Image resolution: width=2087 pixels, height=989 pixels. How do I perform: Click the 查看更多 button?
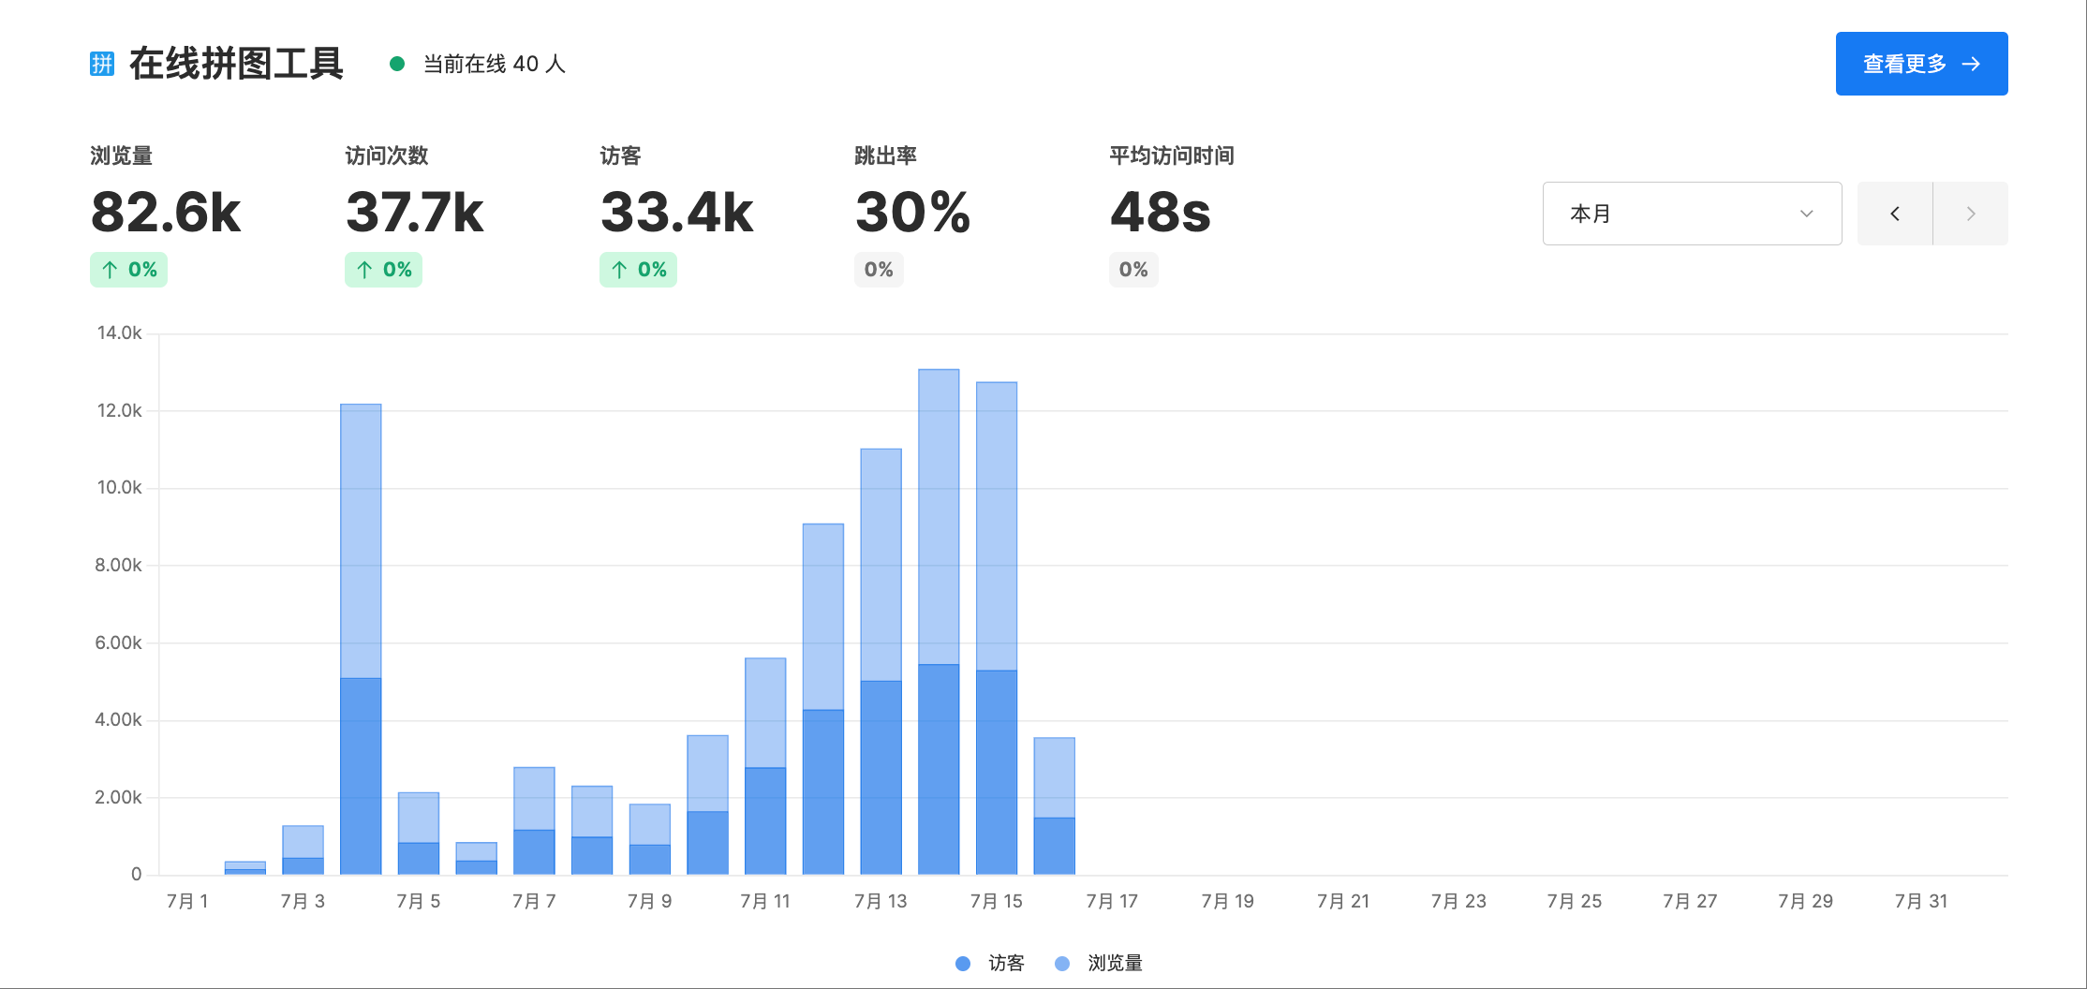(x=1920, y=64)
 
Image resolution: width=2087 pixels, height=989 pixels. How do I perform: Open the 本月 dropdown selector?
(x=1691, y=214)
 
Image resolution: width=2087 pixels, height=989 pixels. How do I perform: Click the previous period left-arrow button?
(x=1894, y=214)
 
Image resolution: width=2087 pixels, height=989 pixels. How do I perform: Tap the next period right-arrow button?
(x=1970, y=214)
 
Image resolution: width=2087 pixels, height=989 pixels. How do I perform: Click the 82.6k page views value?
(x=166, y=212)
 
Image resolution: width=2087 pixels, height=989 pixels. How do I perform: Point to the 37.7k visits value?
(x=414, y=212)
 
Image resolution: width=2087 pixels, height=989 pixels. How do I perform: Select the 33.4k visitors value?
(x=676, y=212)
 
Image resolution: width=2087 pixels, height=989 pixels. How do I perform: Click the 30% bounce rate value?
(x=912, y=212)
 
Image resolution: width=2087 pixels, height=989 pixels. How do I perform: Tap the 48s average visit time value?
(x=1160, y=212)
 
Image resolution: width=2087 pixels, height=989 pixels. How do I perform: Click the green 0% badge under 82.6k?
(x=128, y=270)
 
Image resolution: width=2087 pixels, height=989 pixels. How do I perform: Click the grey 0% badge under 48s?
(x=1132, y=270)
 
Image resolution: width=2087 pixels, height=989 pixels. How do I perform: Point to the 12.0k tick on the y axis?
(x=119, y=410)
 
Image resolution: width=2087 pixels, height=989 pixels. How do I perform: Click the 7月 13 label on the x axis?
(x=881, y=901)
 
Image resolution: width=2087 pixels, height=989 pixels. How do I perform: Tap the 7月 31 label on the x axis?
(x=1920, y=901)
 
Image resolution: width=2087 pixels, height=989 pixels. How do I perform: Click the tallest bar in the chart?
(x=939, y=562)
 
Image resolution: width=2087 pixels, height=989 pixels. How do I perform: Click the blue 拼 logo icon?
(x=102, y=64)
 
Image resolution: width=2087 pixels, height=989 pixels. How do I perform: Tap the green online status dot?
(x=397, y=64)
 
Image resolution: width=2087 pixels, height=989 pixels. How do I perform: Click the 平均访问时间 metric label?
(x=1171, y=155)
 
